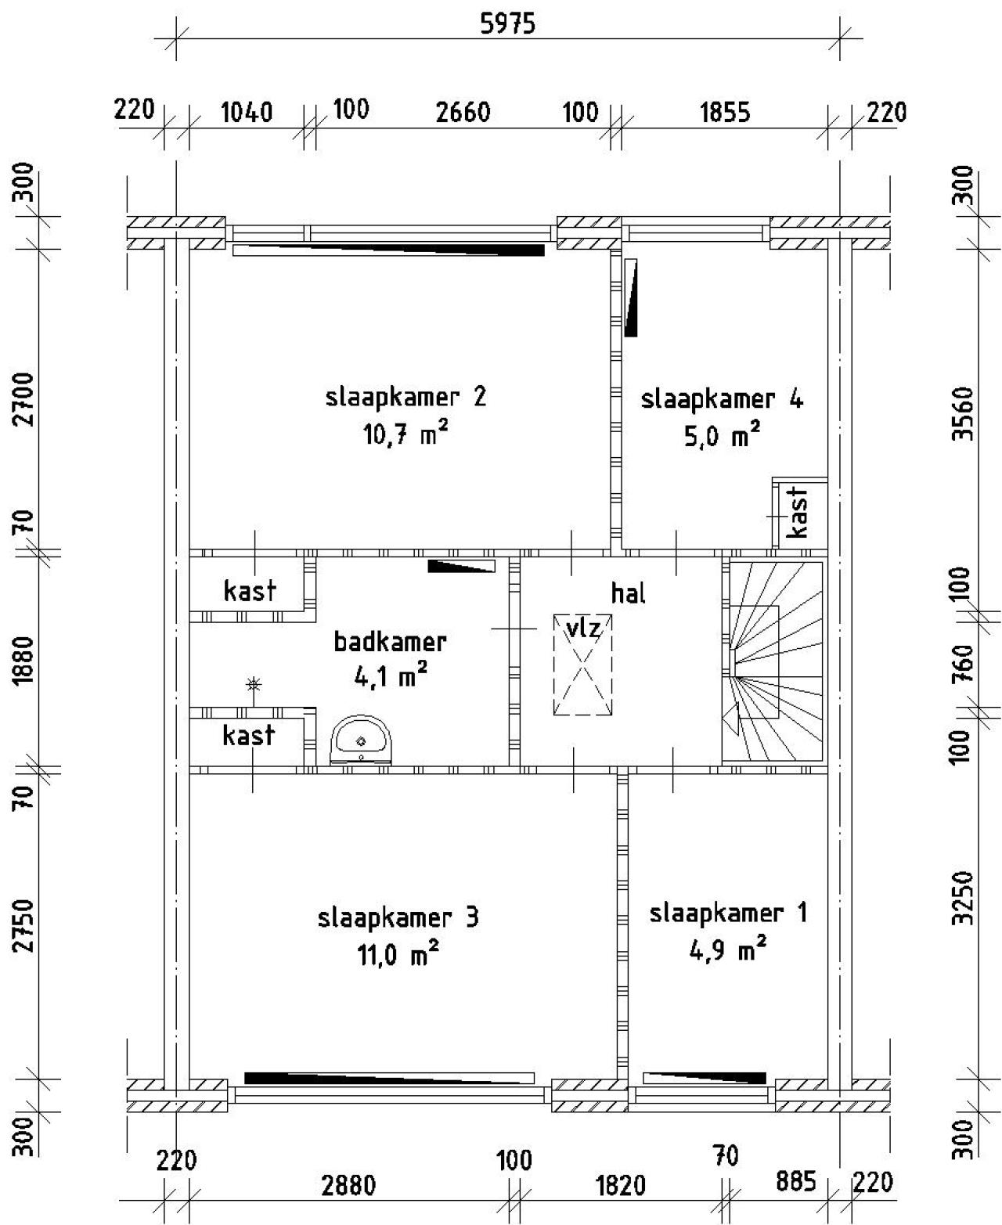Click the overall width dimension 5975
pos(508,23)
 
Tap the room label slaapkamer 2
pos(405,398)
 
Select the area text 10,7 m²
pos(405,434)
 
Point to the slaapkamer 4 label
pos(722,399)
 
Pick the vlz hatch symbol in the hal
pos(582,665)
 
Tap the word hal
pos(629,593)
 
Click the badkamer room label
pos(391,642)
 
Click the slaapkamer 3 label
pos(398,917)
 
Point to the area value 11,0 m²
pos(398,953)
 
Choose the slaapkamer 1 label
pos(729,913)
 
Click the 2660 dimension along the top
pos(463,112)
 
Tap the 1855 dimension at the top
pos(725,112)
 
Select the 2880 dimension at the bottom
pos(348,1186)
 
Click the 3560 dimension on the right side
pos(964,414)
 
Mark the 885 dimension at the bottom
pos(796,1181)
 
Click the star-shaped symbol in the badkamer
pos(253,685)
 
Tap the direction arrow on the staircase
pos(730,719)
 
